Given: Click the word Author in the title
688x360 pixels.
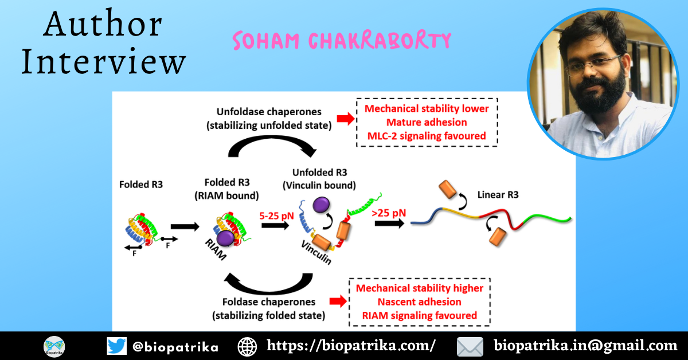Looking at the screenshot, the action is point(103,24).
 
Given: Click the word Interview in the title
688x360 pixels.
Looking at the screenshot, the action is point(104,61).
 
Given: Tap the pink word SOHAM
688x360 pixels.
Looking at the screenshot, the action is point(266,41).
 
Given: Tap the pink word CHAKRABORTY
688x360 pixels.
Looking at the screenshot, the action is point(380,40).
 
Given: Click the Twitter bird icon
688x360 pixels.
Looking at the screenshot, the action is point(117,346).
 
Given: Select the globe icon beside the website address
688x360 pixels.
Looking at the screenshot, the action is point(247,347).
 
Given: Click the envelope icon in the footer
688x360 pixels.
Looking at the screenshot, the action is point(470,347).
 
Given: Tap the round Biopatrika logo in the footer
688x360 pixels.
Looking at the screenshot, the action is point(54,347).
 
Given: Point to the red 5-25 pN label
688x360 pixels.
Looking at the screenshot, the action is point(276,216).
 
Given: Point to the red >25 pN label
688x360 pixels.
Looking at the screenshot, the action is point(389,213).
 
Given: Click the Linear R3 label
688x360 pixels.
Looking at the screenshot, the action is point(498,195).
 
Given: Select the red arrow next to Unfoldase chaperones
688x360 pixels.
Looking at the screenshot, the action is point(346,119).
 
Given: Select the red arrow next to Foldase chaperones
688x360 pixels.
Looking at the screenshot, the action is point(338,302).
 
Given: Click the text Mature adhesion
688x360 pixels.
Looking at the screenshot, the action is point(427,122).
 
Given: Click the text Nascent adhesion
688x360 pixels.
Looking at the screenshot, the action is point(420,302).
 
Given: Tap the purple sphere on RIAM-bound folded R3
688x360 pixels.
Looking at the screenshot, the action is point(225,238).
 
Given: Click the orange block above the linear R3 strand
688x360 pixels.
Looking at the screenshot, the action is point(447,189).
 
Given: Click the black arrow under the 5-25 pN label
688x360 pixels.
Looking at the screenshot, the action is point(275,225).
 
